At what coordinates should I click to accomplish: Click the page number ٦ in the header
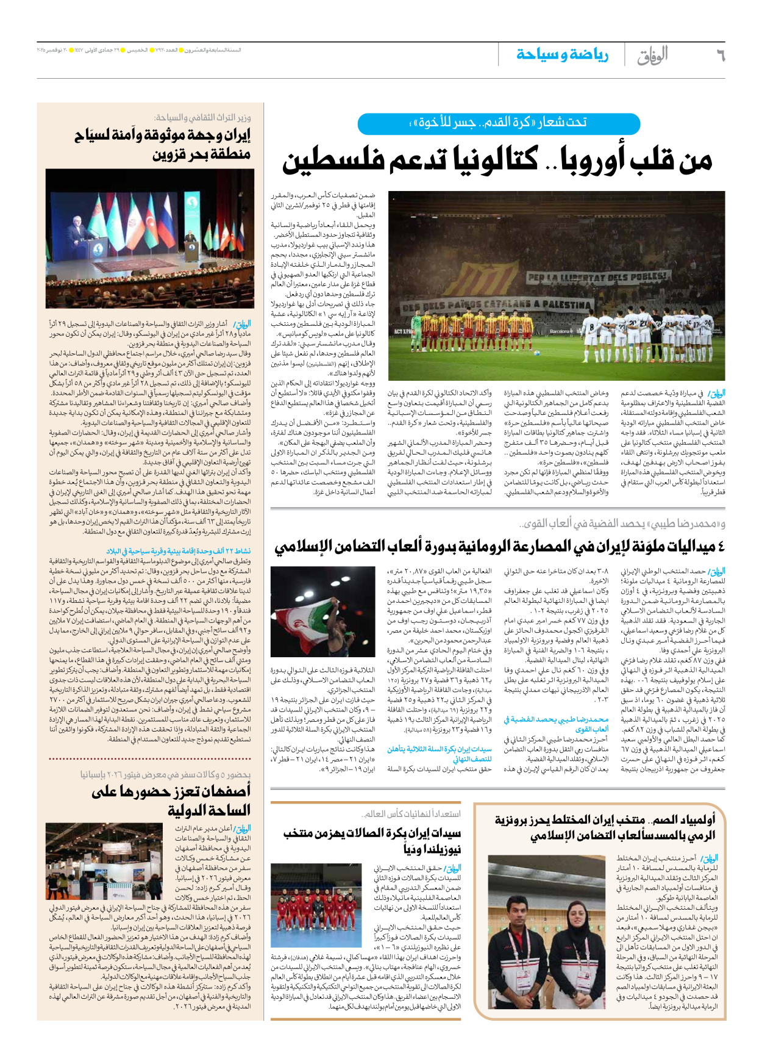click(x=719, y=56)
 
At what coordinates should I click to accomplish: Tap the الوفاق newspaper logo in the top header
click(x=653, y=56)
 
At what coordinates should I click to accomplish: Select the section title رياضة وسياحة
click(x=562, y=55)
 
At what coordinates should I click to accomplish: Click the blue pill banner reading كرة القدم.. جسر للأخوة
click(x=499, y=123)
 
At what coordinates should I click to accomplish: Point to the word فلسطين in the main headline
click(x=333, y=160)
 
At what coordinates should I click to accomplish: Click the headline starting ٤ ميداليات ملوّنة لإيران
click(x=499, y=546)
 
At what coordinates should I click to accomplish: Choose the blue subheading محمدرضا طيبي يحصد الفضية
click(x=556, y=724)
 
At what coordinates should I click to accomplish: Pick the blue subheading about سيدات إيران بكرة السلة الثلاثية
click(x=440, y=753)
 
